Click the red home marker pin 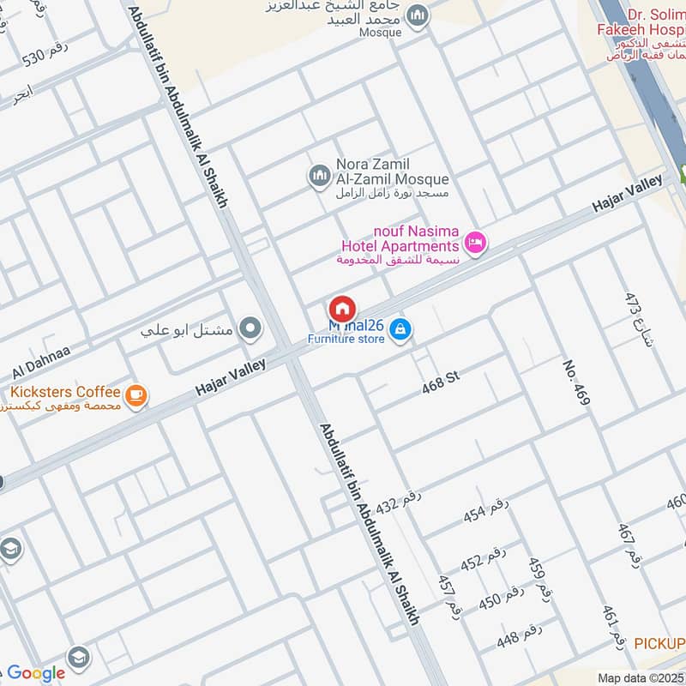pyautogui.click(x=342, y=309)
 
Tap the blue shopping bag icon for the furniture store pyautogui.click(x=400, y=328)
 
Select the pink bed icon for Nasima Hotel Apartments pyautogui.click(x=477, y=243)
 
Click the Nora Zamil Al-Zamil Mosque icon pyautogui.click(x=320, y=176)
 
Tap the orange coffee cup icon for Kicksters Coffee pyautogui.click(x=135, y=394)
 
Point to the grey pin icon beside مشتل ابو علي pyautogui.click(x=250, y=327)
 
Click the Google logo pyautogui.click(x=36, y=673)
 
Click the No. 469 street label pyautogui.click(x=576, y=381)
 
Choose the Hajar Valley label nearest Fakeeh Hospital pyautogui.click(x=628, y=196)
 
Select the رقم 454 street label pyautogui.click(x=486, y=509)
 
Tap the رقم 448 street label pyautogui.click(x=520, y=636)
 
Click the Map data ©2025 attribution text pyautogui.click(x=641, y=677)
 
